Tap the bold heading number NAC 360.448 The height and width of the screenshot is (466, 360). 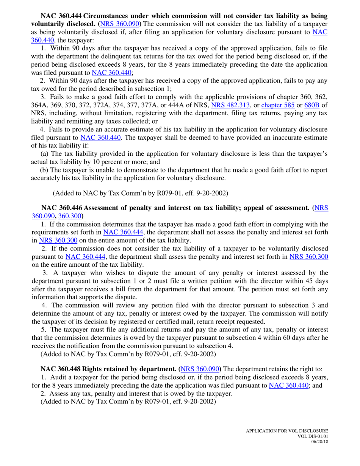point(61,368)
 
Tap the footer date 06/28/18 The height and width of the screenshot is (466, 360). point(319,442)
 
